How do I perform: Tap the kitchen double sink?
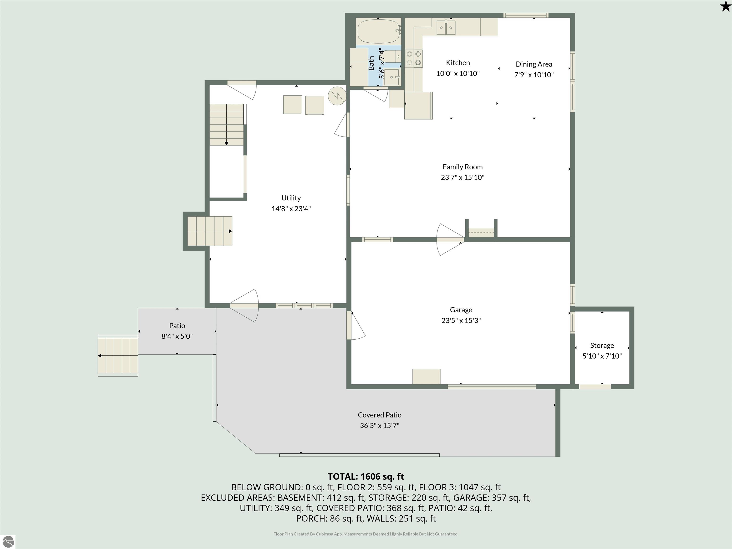446,27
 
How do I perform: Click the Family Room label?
463,167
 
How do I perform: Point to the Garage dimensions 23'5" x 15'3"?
461,320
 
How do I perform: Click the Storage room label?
602,346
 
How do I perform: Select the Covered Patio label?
380,415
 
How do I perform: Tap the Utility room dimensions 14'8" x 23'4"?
291,208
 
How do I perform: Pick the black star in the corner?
725,6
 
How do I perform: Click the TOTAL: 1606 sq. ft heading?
366,477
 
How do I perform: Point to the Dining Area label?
534,64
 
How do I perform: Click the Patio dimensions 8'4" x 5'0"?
177,336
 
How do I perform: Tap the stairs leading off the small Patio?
118,356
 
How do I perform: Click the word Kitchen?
458,62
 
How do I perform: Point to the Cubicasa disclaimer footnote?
366,534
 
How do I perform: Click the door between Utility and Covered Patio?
244,306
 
